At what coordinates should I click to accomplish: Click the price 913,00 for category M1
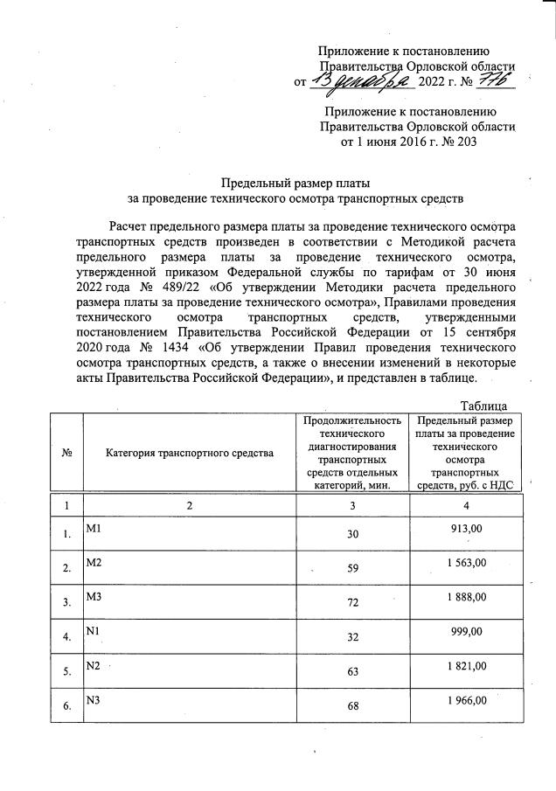coord(465,530)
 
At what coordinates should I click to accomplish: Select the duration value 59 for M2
coord(354,568)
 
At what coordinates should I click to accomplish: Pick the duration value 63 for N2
coord(354,673)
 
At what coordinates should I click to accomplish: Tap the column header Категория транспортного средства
coord(190,453)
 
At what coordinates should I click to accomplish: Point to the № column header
coord(68,453)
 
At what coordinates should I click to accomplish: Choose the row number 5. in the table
coord(67,673)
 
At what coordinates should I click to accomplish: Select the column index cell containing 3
coord(354,505)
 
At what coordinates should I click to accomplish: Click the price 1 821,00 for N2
coord(465,667)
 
